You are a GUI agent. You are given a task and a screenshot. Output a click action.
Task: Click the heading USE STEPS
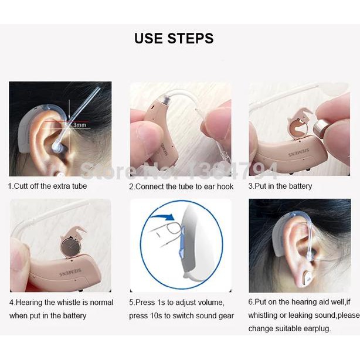pyautogui.click(x=174, y=39)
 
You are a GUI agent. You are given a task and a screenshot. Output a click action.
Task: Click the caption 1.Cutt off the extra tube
pyautogui.click(x=47, y=186)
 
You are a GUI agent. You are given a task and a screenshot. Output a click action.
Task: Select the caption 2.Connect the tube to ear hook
pyautogui.click(x=181, y=186)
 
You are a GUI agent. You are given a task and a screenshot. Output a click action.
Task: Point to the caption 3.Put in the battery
pyautogui.click(x=280, y=186)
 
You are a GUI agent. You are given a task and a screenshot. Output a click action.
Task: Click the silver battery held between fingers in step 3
pyautogui.click(x=321, y=128)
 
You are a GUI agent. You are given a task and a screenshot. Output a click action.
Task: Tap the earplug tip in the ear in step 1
pyautogui.click(x=57, y=144)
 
